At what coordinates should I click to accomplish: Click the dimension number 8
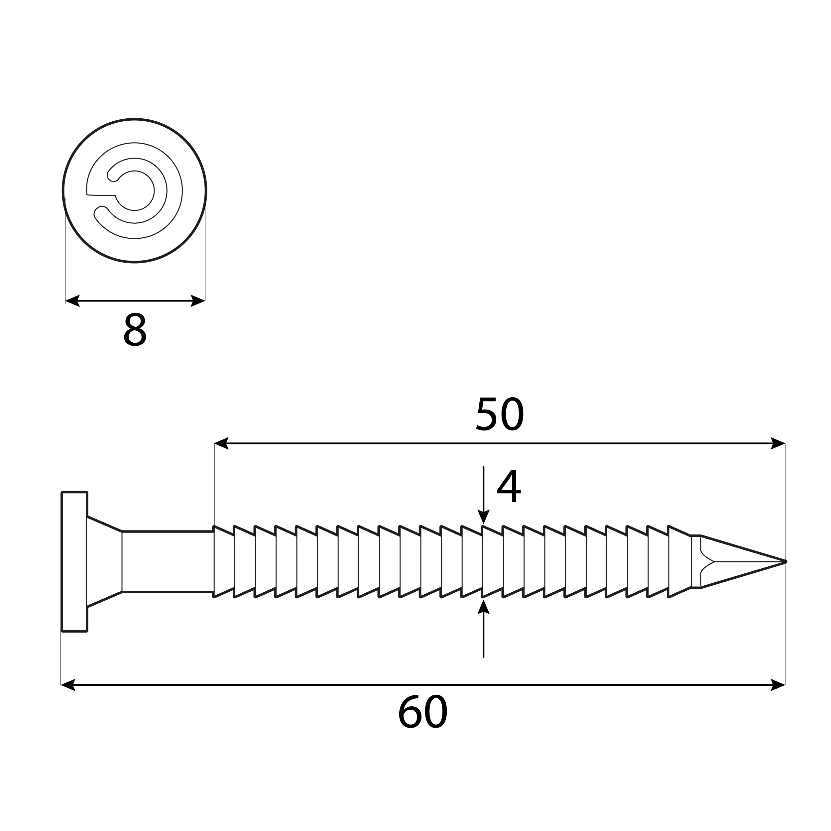click(135, 330)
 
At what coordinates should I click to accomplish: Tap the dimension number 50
click(500, 414)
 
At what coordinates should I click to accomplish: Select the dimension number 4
click(509, 487)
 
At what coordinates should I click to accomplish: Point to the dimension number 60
click(423, 712)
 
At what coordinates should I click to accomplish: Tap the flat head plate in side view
click(74, 562)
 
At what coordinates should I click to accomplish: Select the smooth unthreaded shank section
click(168, 562)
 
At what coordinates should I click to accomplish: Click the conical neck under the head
click(104, 562)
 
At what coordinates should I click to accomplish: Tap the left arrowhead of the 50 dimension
click(221, 443)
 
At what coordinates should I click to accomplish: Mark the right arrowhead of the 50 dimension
click(778, 443)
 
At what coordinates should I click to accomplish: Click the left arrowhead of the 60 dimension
click(68, 685)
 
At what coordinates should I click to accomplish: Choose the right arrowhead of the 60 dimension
click(778, 685)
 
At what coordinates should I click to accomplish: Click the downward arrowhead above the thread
click(483, 518)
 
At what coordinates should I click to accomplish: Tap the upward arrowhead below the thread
click(483, 607)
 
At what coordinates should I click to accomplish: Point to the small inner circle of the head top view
click(135, 190)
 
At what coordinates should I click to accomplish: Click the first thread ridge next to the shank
click(224, 562)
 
